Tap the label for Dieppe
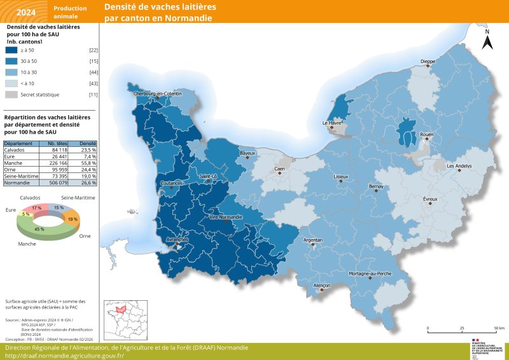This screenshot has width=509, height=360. (428, 62)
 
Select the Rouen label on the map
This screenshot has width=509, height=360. (427, 135)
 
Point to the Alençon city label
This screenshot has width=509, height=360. (323, 286)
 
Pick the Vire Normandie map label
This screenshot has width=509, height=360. (226, 217)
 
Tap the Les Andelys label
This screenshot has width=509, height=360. (459, 166)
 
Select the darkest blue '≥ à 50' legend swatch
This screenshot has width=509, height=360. (11, 50)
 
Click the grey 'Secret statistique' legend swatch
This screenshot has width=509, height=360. (11, 94)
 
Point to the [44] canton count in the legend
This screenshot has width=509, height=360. (93, 72)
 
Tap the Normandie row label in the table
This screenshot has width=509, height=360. (18, 182)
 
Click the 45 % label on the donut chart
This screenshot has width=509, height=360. (39, 229)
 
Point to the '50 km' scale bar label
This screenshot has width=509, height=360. (499, 328)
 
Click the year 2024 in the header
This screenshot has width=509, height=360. (26, 12)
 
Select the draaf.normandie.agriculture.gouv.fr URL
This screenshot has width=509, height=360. (64, 355)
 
